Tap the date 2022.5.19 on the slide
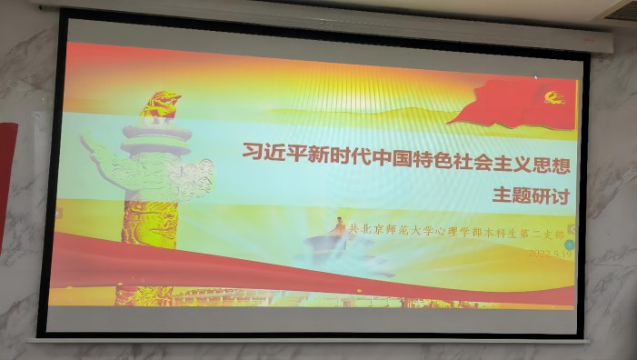[551, 255]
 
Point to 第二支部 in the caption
[544, 235]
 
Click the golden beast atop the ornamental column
[160, 106]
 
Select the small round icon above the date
[571, 228]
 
